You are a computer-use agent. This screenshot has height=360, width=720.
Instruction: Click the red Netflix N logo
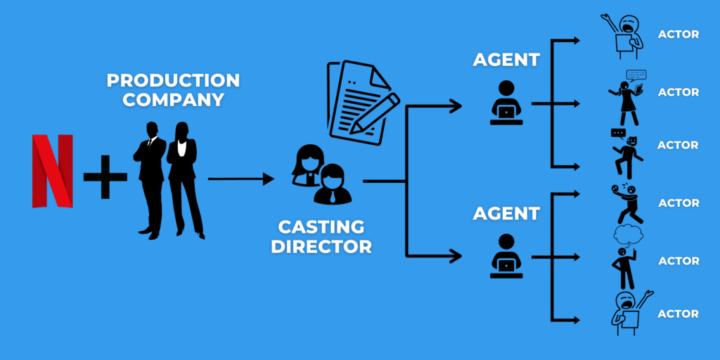pos(53,171)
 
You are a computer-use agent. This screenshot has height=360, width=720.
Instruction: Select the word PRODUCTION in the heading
pos(173,80)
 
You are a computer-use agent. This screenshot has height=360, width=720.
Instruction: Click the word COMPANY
pos(173,100)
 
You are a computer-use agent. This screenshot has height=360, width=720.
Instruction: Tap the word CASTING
pos(321,227)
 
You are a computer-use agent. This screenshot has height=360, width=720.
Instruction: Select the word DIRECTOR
pos(321,247)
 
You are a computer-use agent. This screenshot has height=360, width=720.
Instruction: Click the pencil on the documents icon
pos(373,112)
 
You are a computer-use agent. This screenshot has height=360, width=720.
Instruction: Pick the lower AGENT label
pos(506,213)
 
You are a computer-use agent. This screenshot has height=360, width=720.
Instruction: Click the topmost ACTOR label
pos(678,34)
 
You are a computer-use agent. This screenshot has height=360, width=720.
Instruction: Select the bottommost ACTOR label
pos(678,314)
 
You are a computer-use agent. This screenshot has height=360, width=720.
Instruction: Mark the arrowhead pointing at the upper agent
pos(457,106)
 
